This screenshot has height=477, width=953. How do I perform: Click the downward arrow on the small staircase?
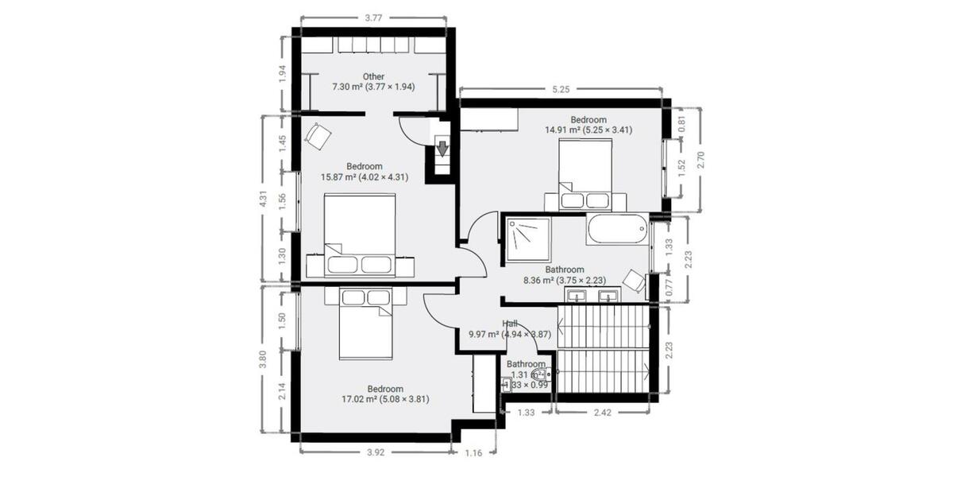click(442, 148)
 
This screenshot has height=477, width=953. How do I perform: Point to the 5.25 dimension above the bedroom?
click(561, 89)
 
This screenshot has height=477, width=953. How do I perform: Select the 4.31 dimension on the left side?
click(263, 199)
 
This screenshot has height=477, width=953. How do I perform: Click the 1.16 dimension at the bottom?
click(474, 452)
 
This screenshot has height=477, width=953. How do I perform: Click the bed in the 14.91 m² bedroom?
click(585, 173)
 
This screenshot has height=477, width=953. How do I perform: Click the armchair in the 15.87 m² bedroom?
click(318, 136)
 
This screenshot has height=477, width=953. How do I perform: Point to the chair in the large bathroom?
click(634, 281)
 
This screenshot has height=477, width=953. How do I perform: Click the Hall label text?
click(510, 324)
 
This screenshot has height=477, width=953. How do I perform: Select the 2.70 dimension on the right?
click(700, 159)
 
